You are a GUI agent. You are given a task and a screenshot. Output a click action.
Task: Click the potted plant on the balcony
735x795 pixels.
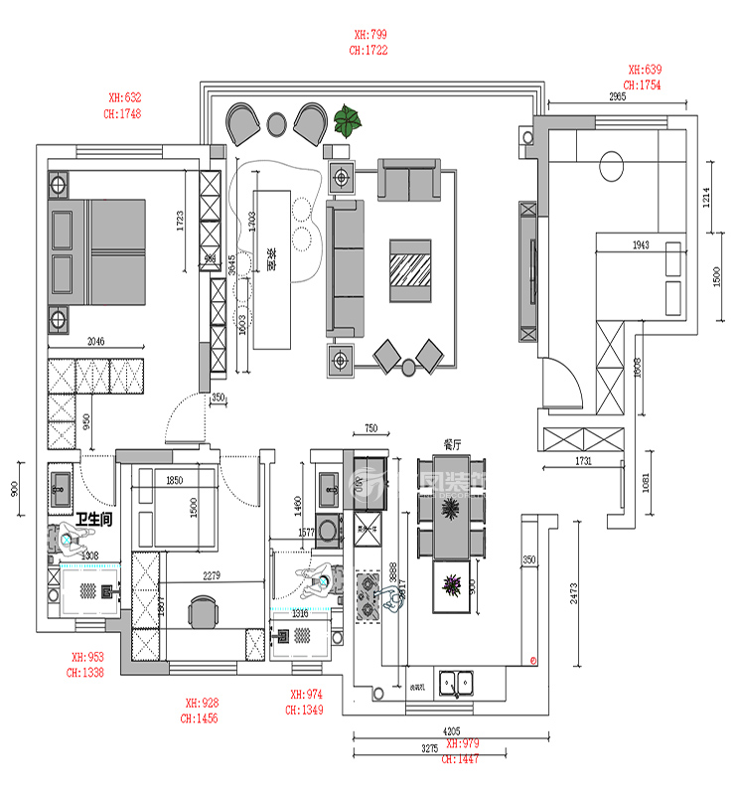click(x=349, y=121)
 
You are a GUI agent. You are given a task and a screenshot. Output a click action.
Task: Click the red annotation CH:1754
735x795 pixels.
click(x=644, y=85)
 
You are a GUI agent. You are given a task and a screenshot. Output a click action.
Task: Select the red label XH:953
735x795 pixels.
click(x=86, y=657)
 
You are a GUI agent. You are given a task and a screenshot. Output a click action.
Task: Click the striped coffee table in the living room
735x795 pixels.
click(x=410, y=268)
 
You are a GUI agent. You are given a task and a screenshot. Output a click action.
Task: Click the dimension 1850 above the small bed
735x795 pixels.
click(x=174, y=481)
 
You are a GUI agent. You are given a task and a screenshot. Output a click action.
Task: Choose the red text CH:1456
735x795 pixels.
click(x=199, y=716)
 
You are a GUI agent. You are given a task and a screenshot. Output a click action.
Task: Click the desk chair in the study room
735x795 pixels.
click(x=204, y=610)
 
